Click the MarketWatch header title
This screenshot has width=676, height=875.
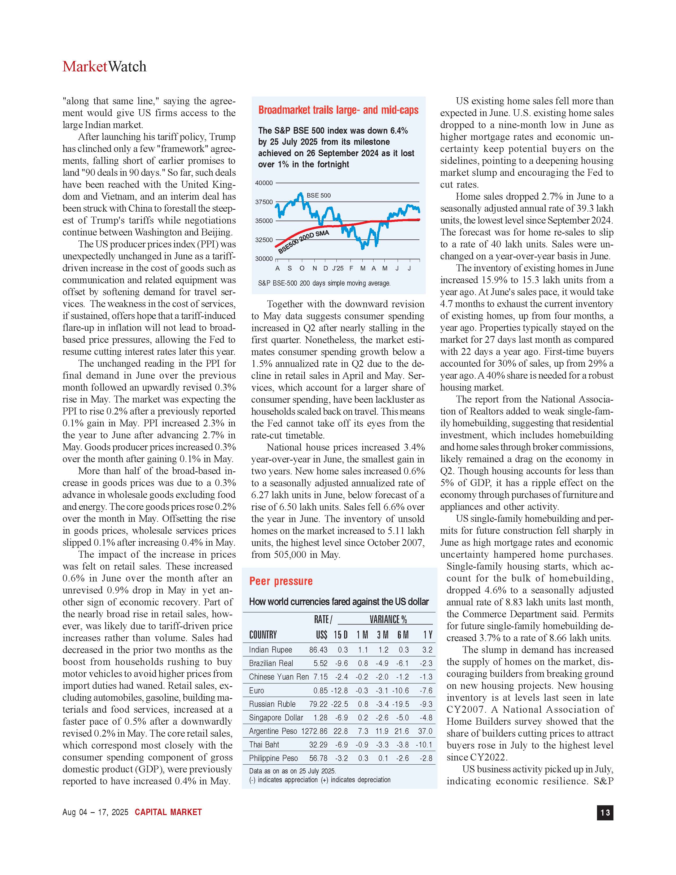click(104, 67)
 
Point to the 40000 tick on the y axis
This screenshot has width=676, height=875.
click(264, 183)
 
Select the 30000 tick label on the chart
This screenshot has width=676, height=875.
click(264, 259)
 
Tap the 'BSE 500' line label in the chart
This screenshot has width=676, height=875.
click(318, 195)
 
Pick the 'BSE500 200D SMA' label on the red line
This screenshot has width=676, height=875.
click(304, 241)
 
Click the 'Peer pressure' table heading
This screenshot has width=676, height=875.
click(281, 581)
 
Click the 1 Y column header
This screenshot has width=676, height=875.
click(428, 635)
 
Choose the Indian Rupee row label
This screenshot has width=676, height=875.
click(270, 650)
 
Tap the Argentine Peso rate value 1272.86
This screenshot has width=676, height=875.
click(314, 731)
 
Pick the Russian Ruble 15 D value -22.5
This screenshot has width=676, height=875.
click(340, 704)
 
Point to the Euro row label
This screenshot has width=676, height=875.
click(256, 691)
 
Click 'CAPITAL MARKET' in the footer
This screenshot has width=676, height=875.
click(168, 812)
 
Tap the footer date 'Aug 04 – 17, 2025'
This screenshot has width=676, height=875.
click(95, 812)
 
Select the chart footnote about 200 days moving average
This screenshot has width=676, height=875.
click(324, 283)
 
